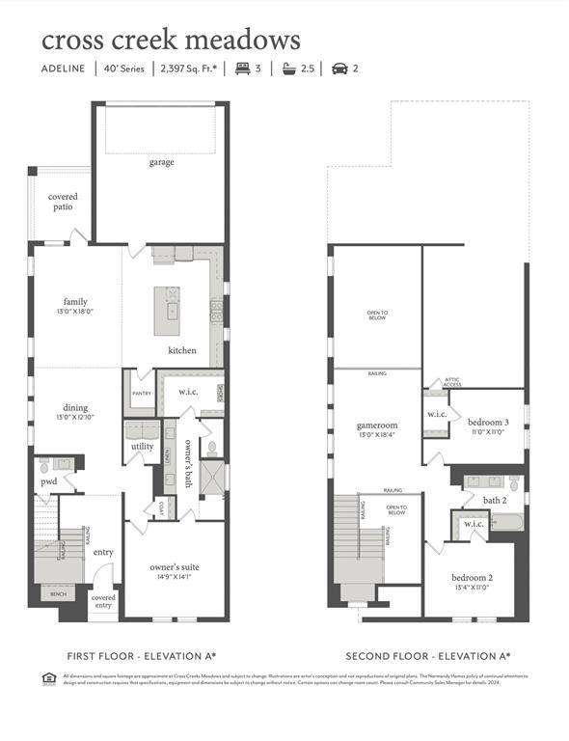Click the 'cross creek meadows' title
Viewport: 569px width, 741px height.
(171, 40)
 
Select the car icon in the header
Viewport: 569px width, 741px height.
(339, 69)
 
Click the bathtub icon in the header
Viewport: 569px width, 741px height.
(288, 69)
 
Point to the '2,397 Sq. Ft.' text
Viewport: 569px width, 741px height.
(189, 69)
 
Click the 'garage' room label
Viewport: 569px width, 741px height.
(161, 162)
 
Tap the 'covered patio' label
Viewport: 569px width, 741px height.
(64, 202)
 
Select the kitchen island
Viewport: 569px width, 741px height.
(168, 311)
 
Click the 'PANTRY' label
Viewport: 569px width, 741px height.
(141, 394)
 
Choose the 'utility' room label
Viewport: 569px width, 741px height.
(142, 447)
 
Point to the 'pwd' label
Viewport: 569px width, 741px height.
(48, 480)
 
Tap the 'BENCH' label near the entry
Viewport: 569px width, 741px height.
(59, 594)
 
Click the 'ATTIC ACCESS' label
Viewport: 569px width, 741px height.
(452, 382)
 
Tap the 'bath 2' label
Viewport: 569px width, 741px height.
(495, 500)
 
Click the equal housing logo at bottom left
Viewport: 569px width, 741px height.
(49, 677)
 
